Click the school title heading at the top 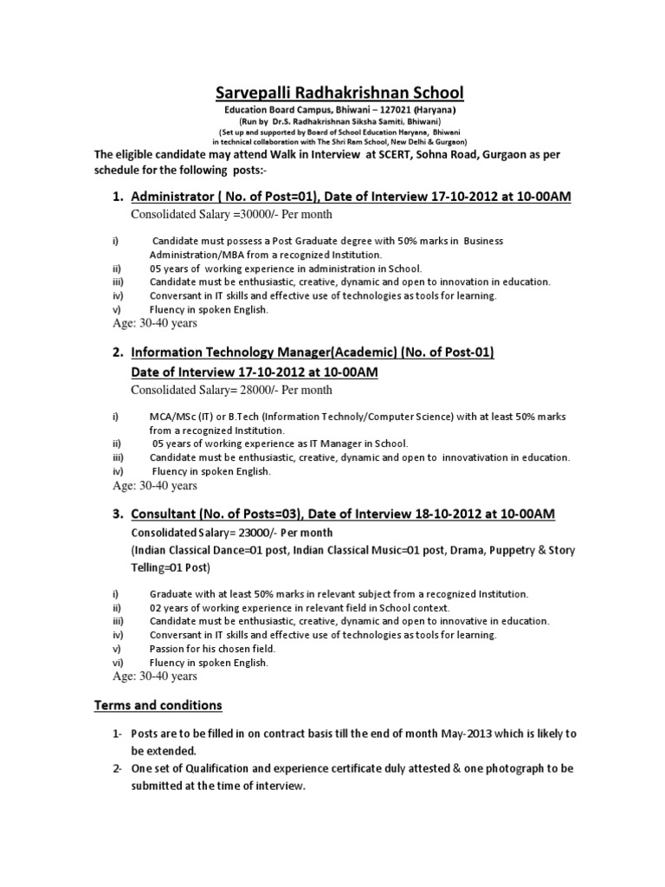point(332,93)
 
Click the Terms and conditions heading point(158,705)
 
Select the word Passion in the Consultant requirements point(168,649)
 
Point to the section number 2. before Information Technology point(119,353)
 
